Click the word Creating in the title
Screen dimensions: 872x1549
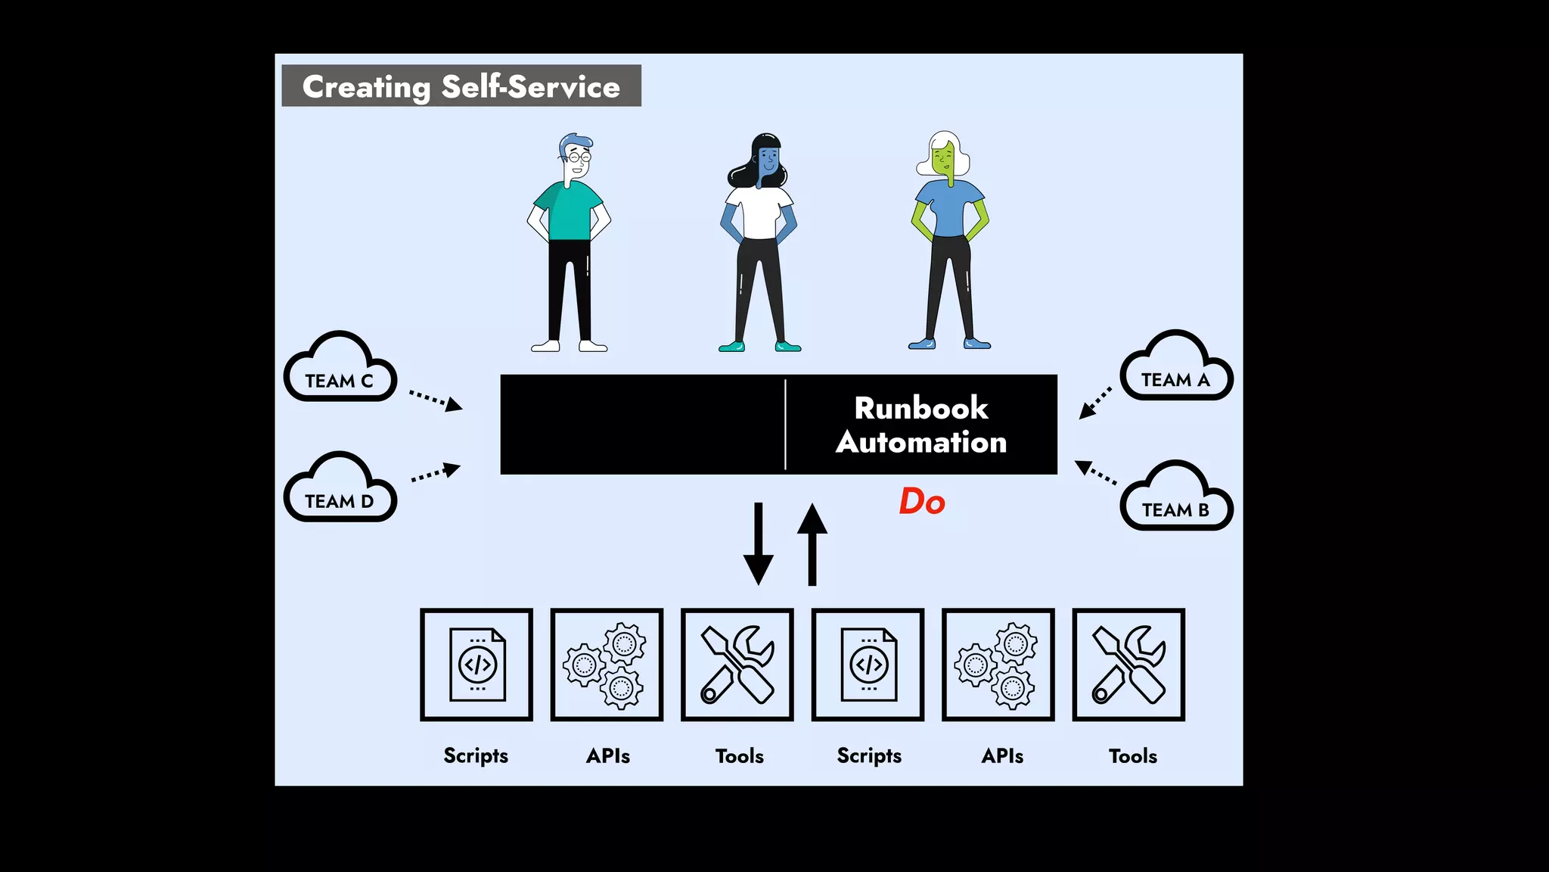[366, 87]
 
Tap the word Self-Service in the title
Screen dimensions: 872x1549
[530, 86]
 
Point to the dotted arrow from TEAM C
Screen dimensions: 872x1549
[435, 400]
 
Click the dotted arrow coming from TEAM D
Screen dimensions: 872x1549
[436, 474]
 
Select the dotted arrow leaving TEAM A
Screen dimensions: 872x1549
[1095, 403]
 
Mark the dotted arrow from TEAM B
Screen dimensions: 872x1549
[1096, 472]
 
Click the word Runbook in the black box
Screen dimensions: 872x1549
[921, 408]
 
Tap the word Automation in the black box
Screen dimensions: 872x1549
[921, 443]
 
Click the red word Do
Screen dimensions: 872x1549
[922, 502]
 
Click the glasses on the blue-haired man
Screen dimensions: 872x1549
[580, 157]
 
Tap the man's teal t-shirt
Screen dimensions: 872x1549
[569, 213]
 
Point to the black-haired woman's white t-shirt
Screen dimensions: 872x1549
[759, 214]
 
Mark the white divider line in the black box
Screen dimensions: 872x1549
[786, 425]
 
